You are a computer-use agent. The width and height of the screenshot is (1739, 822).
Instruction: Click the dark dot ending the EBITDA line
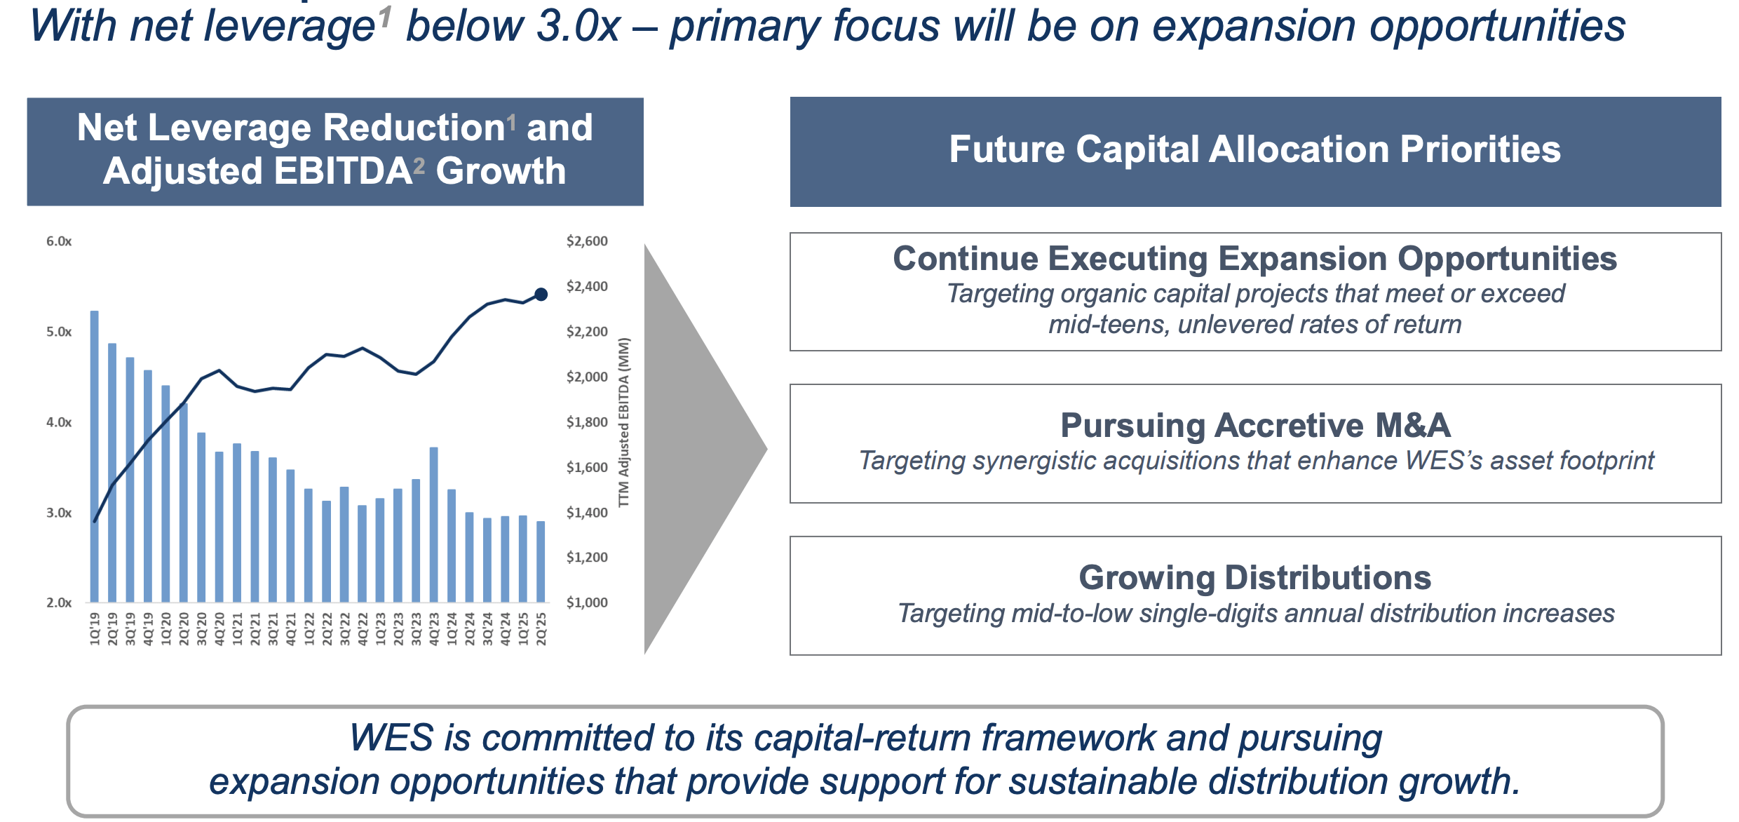[541, 295]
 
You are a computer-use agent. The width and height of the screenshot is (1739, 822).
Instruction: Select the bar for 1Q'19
[95, 457]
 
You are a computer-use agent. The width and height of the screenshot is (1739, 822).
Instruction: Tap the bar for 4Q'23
[433, 525]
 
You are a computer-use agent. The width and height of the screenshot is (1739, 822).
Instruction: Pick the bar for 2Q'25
[541, 562]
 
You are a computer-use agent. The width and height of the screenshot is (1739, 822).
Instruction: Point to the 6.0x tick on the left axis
[59, 241]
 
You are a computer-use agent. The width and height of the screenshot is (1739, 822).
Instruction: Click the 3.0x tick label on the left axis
[59, 513]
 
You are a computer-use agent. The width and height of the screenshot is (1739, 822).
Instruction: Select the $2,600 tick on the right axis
[587, 241]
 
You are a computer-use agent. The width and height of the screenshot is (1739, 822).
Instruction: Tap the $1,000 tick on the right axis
[587, 602]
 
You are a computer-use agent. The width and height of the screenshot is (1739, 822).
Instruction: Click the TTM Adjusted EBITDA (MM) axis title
[623, 422]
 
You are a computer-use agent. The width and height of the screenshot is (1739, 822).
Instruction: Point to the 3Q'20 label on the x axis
[202, 628]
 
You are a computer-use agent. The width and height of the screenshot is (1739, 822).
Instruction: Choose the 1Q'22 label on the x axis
[309, 628]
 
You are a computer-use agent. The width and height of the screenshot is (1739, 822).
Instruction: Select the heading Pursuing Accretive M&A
[1255, 425]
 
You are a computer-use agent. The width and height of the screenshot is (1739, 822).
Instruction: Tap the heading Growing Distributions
[1255, 578]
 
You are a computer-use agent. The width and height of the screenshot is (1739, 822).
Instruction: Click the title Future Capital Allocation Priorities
[1255, 149]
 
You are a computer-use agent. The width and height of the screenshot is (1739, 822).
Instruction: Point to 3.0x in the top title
[578, 27]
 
